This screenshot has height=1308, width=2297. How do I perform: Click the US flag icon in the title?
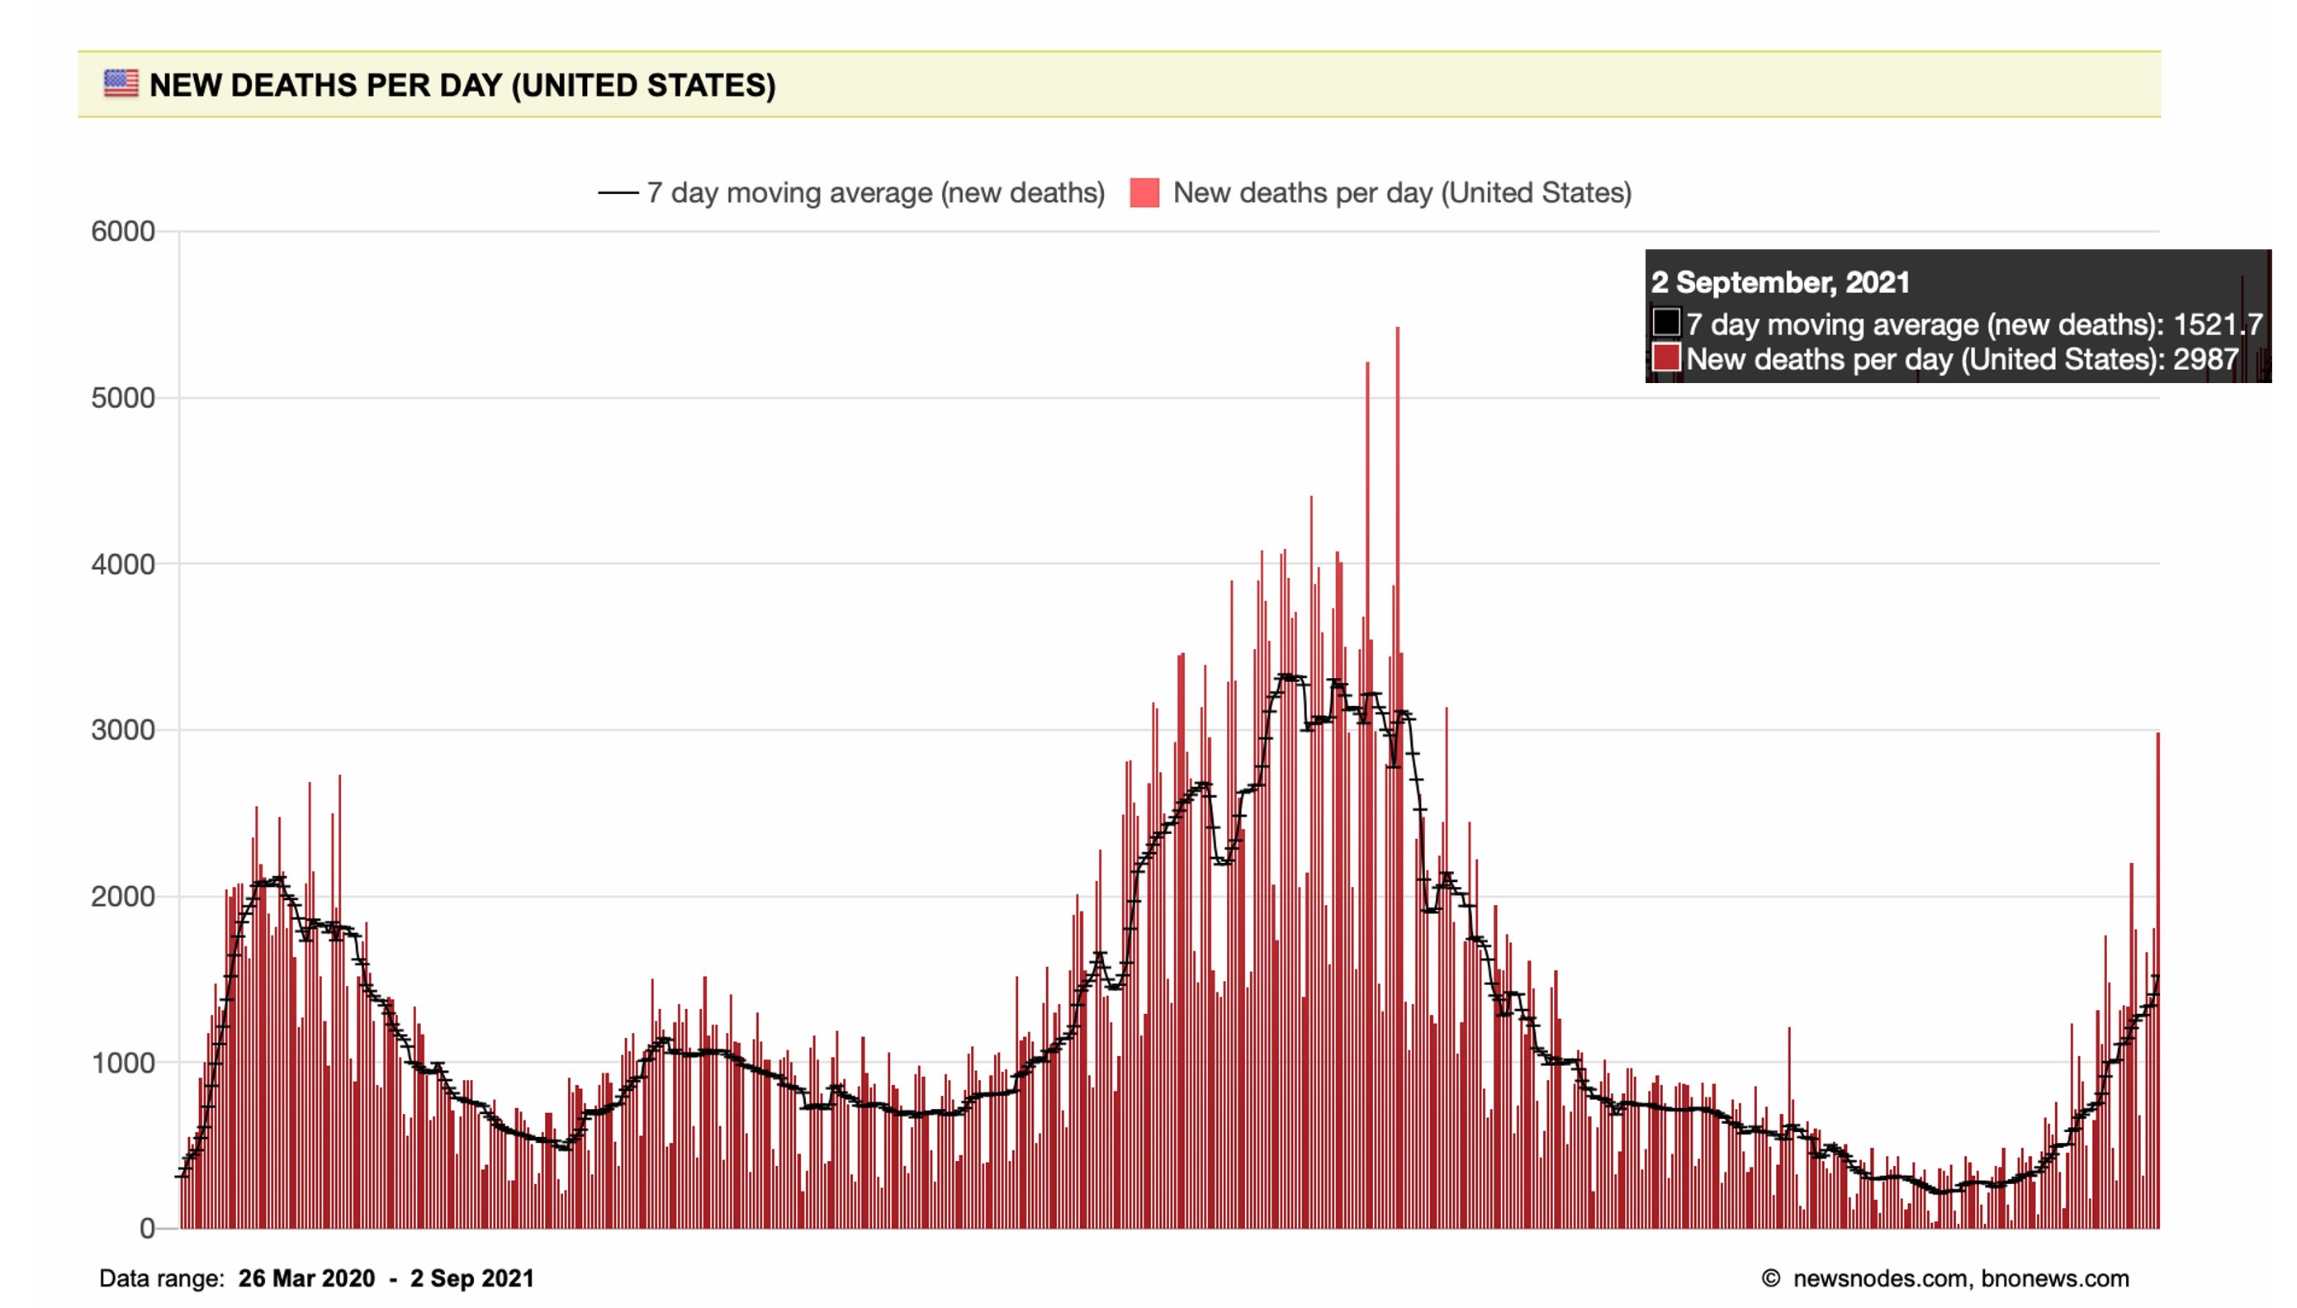click(x=121, y=83)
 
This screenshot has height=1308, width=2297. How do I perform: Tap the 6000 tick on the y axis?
click(x=123, y=232)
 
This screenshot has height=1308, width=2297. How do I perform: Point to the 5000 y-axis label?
click(x=123, y=398)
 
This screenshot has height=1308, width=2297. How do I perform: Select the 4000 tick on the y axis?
click(x=123, y=564)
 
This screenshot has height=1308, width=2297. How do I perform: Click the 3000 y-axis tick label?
click(x=123, y=730)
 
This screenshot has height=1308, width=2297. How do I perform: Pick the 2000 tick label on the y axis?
click(x=123, y=897)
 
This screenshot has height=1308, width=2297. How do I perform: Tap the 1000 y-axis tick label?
click(x=123, y=1063)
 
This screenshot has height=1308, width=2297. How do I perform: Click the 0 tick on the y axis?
click(x=147, y=1228)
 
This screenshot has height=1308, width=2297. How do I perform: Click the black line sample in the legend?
click(x=618, y=193)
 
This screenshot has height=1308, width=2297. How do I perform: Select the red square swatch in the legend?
click(x=1144, y=193)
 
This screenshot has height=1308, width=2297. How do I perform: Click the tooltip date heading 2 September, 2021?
click(x=1780, y=282)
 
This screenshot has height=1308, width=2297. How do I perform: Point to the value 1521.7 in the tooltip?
click(x=2217, y=325)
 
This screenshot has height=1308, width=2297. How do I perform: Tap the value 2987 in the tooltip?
click(x=2205, y=359)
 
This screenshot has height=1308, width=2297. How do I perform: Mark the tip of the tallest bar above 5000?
click(x=1397, y=329)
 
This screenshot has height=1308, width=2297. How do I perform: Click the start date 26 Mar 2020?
click(x=306, y=1278)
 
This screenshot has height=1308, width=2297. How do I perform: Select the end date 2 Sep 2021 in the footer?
click(x=472, y=1278)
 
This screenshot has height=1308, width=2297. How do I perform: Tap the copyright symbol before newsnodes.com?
click(x=1771, y=1278)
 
